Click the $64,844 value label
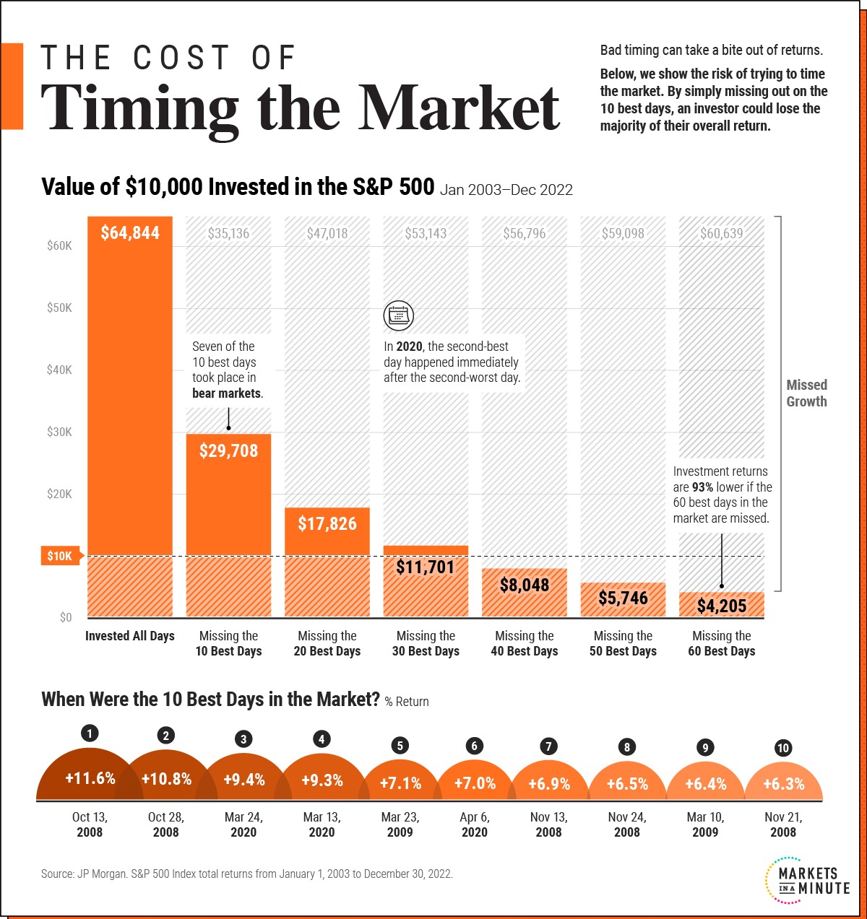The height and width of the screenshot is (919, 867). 129,232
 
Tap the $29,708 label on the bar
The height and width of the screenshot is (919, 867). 228,450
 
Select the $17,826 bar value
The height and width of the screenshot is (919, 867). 327,524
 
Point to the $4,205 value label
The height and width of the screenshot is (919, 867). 722,606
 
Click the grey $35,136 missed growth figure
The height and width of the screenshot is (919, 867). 228,233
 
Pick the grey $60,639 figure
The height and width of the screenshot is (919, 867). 722,233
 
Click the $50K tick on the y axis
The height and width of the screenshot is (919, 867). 59,308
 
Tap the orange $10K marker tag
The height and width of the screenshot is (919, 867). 62,556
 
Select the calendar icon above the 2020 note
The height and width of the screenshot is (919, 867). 398,315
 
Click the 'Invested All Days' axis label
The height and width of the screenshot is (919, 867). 129,636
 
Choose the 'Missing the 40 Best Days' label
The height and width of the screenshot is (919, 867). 525,643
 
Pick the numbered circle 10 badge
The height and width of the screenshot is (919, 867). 783,748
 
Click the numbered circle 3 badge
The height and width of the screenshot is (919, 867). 243,739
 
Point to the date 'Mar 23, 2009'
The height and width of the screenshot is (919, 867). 400,824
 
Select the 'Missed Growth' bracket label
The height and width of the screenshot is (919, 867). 807,393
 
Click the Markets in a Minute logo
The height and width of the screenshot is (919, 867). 808,880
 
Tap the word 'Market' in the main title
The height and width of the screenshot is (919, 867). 459,108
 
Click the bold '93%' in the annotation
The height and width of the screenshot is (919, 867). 702,487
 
